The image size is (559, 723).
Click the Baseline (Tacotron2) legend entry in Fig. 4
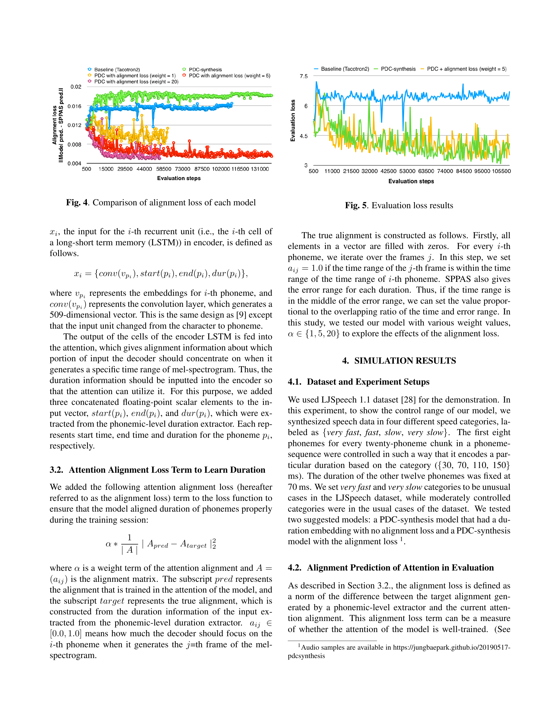pos(117,69)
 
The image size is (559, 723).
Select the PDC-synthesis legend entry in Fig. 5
pos(398,69)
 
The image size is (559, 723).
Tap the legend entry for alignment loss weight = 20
pos(136,82)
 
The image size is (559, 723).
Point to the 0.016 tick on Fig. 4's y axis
pos(74,106)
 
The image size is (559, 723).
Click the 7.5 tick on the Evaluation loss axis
pos(303,76)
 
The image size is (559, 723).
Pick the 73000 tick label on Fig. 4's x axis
pos(183,169)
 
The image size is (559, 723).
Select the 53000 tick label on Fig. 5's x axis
pos(407,171)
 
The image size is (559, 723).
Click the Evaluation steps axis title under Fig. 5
pos(411,181)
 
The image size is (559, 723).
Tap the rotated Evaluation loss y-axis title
pos(293,120)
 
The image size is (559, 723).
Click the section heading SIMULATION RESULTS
pos(405,360)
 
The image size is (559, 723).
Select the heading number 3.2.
pos(56,470)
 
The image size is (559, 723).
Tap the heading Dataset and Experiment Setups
pos(368,382)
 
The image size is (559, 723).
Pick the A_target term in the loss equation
pos(193,544)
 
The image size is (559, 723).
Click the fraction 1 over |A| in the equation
pos(129,544)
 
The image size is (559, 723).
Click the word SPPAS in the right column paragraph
pos(458,279)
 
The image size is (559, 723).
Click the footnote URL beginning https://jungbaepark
pos(451,647)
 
